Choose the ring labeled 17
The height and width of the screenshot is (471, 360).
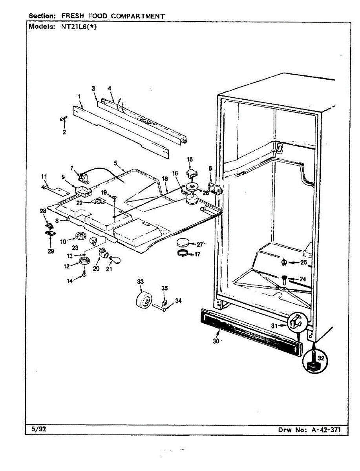(183, 253)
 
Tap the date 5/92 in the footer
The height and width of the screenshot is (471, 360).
(38, 429)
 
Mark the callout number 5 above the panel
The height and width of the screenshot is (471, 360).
(115, 162)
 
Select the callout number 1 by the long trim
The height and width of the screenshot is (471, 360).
(79, 97)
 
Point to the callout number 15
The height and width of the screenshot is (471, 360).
(190, 159)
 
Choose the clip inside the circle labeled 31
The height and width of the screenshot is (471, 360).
(296, 323)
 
